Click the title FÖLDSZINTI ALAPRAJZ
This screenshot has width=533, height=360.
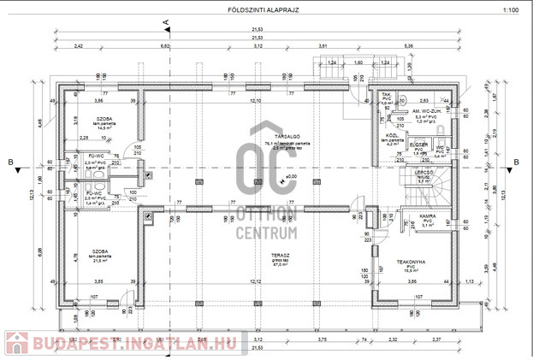point(266,10)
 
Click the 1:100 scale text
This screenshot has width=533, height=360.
point(510,10)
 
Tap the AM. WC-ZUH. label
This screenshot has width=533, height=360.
point(425,111)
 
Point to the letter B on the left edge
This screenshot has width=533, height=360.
point(8,160)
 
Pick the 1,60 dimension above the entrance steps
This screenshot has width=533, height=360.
point(358,62)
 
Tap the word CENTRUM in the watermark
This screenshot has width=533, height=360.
point(264,231)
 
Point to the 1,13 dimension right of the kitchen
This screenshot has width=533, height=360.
point(469,281)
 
